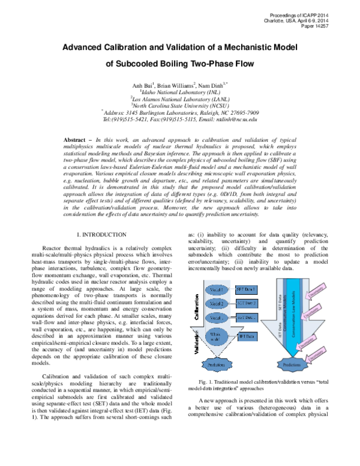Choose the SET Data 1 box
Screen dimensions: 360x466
(x=247, y=290)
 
